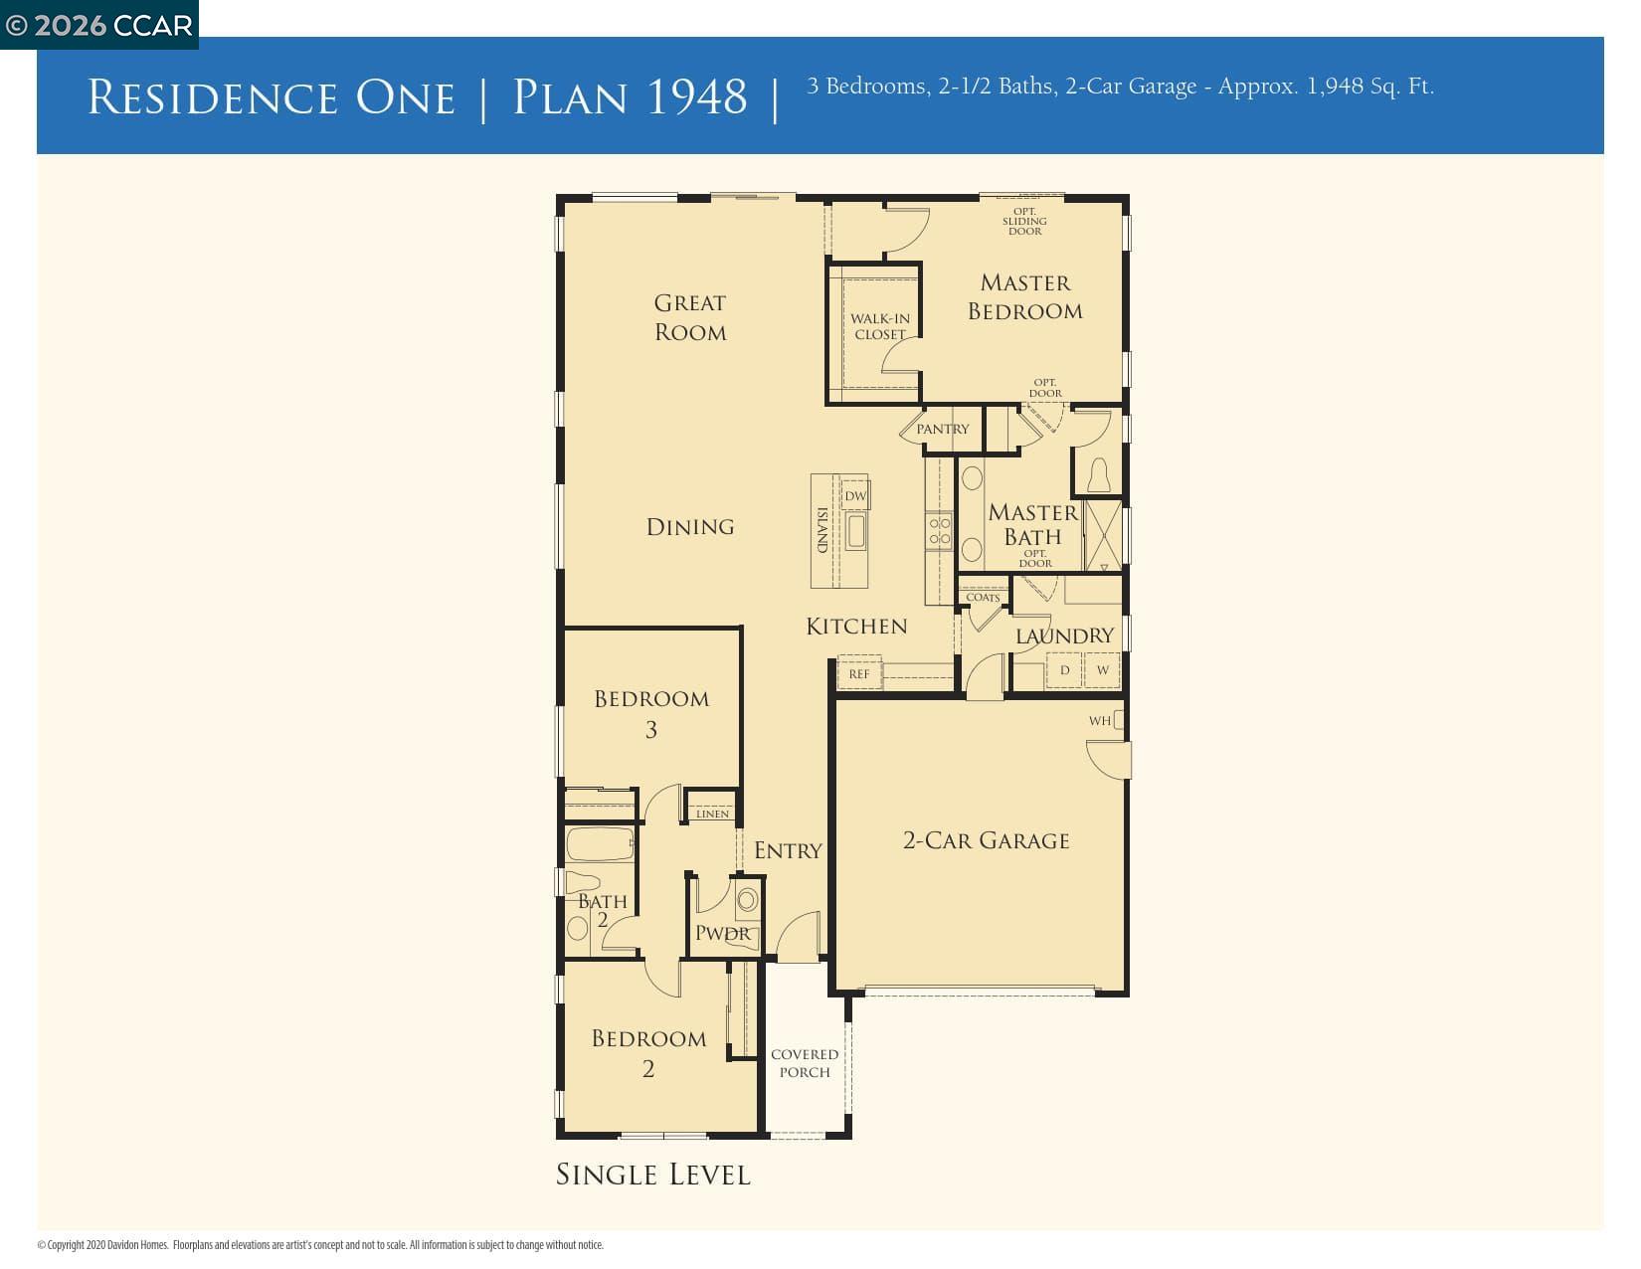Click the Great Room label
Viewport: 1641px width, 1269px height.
689,317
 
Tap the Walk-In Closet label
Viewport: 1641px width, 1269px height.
879,326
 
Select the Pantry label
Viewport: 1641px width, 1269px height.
942,429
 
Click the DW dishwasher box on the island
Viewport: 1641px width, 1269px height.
855,495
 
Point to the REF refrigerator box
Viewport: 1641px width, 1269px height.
859,673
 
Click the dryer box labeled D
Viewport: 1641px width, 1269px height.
1064,669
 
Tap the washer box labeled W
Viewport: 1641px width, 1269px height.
1102,669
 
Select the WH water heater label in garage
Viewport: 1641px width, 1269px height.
1099,720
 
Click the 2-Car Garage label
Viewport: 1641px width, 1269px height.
986,840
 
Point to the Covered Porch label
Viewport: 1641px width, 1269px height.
805,1062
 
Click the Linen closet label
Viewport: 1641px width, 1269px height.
712,814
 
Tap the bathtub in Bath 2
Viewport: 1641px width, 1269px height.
599,844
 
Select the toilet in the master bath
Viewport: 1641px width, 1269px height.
1098,474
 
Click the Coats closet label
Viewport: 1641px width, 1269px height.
983,597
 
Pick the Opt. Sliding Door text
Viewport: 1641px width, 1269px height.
1024,221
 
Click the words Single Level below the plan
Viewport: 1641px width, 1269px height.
652,1175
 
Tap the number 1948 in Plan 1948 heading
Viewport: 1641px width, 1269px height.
695,96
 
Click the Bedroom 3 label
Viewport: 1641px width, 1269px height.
651,713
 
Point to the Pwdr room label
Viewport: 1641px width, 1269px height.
722,933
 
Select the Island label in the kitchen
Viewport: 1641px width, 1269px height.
822,530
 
